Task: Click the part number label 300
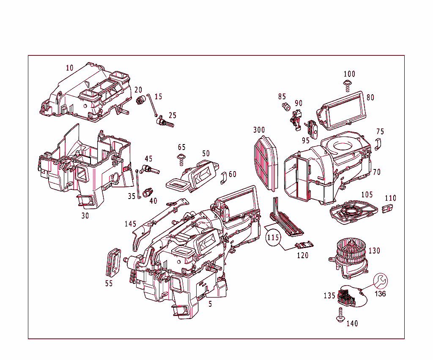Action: point(259,129)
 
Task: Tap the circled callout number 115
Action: point(273,238)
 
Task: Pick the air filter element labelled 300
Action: point(266,161)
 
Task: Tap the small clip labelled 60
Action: point(224,178)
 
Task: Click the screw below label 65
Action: point(181,161)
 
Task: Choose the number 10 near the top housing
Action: point(70,68)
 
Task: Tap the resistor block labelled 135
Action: point(348,296)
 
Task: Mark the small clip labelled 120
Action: point(304,245)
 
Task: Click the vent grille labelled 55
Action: point(112,262)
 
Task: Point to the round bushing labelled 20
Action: point(141,100)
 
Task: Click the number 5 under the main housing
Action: point(210,303)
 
